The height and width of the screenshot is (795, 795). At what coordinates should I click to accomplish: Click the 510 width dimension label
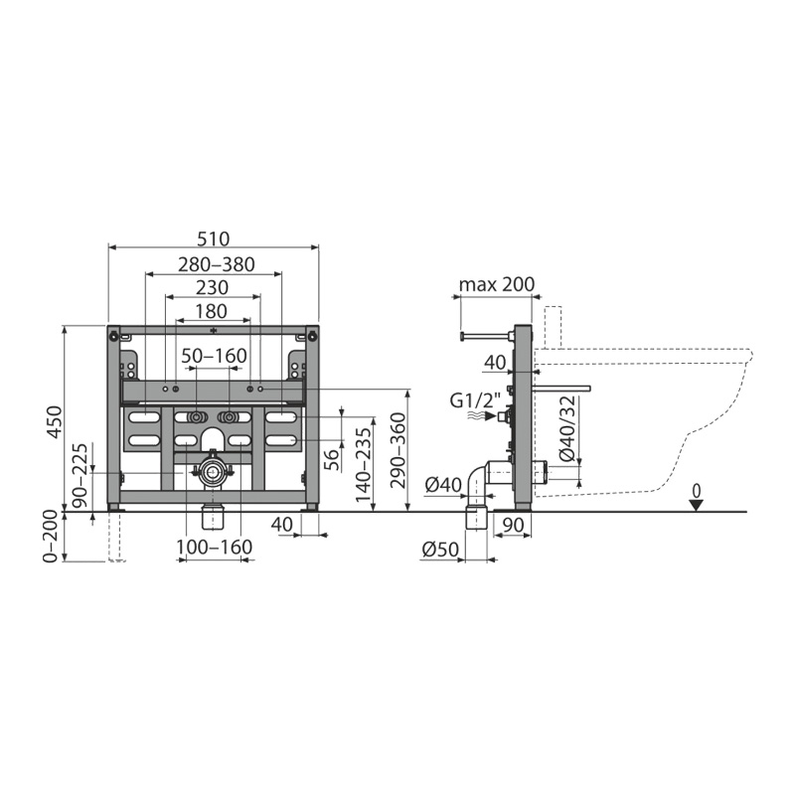(214, 238)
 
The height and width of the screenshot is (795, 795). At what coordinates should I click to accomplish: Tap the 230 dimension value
(213, 287)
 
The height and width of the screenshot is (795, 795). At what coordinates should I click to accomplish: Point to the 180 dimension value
(211, 311)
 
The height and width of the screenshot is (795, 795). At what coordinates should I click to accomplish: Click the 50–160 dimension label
(215, 356)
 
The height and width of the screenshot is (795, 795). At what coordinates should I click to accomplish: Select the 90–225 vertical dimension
(80, 476)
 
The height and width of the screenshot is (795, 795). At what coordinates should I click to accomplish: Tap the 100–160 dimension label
(214, 548)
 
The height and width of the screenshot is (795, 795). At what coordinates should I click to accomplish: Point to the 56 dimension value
(332, 460)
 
